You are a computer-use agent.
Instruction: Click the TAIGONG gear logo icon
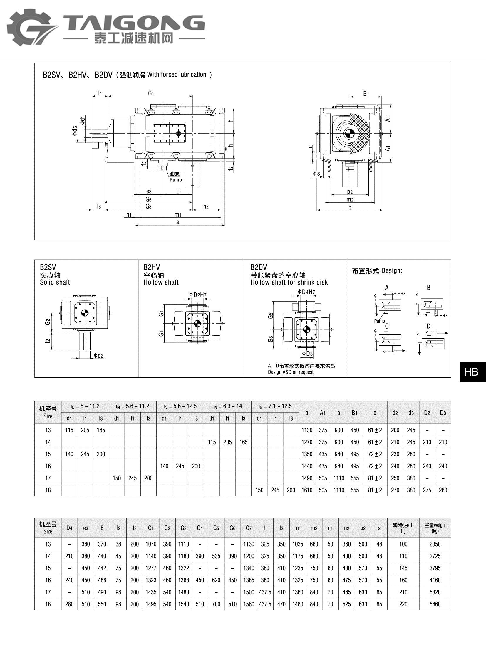[x=31, y=27]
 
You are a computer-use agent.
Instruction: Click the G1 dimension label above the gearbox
[x=151, y=93]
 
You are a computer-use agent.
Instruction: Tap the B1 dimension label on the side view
[x=366, y=93]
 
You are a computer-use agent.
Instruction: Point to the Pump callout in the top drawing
[x=176, y=180]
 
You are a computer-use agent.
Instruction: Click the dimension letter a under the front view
[x=177, y=222]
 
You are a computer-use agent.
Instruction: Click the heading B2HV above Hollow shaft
[x=152, y=267]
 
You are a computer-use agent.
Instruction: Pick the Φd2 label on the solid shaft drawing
[x=98, y=356]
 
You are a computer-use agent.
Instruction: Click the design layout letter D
[x=429, y=326]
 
